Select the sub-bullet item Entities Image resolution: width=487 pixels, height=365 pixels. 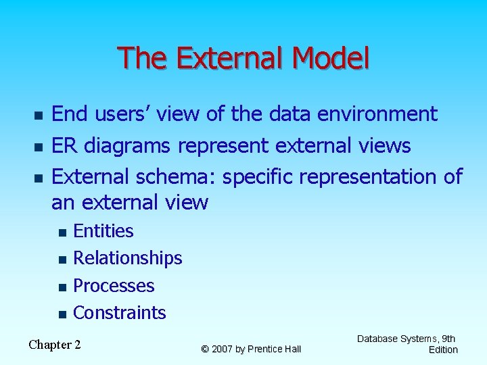coord(103,231)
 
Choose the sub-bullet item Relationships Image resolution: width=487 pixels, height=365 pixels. coord(127,258)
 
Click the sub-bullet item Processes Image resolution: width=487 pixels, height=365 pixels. coord(114,286)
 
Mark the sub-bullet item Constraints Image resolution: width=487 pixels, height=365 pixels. coord(119,313)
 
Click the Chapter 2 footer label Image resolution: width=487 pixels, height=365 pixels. coord(55,345)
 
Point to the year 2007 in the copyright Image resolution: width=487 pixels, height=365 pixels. coord(225,349)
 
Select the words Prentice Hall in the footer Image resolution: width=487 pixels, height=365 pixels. coord(274,349)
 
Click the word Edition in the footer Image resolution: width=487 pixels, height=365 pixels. coord(443,349)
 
